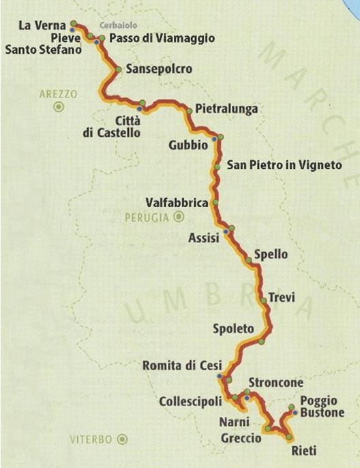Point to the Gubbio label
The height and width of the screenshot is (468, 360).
pyautogui.click(x=186, y=144)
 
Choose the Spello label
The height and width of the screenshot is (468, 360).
pyautogui.click(x=271, y=255)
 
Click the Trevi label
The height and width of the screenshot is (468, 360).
pyautogui.click(x=282, y=298)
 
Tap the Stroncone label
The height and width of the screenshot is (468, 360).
pyautogui.click(x=275, y=381)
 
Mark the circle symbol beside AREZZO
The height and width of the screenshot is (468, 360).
pyautogui.click(x=59, y=106)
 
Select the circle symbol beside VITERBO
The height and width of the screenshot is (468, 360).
pyautogui.click(x=122, y=439)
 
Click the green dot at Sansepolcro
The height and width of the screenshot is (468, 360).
pyautogui.click(x=119, y=69)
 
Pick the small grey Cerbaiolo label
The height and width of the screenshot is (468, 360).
pyautogui.click(x=114, y=25)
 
